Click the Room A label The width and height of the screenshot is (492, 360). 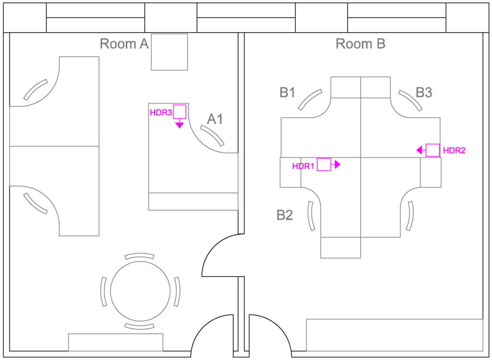pos(124,44)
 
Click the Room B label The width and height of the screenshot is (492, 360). pos(360,44)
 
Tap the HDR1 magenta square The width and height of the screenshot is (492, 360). pos(324,165)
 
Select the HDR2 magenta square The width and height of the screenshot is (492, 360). pos(432,150)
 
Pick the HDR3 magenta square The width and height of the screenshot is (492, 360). pos(180,112)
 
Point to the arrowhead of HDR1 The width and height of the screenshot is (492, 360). pos(338,165)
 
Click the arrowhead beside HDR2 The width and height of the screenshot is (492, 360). pos(419,150)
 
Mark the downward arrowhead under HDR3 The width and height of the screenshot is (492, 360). pos(180,125)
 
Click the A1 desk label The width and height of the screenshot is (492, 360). pos(215,119)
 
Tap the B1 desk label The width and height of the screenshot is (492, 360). pos(287,92)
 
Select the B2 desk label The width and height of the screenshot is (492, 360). pos(284,215)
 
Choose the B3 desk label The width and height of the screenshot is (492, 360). pos(423,92)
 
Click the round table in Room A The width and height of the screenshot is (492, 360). pos(140,291)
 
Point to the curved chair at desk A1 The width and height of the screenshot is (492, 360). pos(212,136)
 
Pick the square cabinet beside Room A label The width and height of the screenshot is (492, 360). pos(170,52)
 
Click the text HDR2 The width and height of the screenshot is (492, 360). pos(454,150)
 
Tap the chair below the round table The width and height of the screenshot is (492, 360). pos(140,327)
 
